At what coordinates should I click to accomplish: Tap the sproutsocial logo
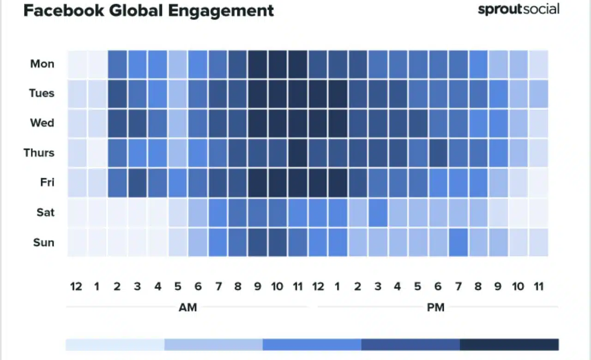[519, 9]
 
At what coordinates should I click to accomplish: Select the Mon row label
[42, 64]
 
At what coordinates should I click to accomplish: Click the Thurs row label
[39, 153]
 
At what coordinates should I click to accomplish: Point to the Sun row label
[43, 242]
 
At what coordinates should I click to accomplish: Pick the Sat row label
[45, 212]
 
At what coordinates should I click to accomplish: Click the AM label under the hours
[187, 307]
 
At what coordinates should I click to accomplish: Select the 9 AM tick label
[258, 287]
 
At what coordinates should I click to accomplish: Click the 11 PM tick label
[538, 287]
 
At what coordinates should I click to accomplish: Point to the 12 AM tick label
[76, 287]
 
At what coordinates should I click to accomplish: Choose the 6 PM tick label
[438, 287]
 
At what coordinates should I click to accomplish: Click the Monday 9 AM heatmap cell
[258, 64]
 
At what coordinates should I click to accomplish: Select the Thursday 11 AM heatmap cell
[298, 153]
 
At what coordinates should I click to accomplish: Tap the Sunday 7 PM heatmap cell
[458, 242]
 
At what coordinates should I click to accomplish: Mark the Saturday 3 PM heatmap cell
[378, 212]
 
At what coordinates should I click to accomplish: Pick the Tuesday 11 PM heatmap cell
[538, 94]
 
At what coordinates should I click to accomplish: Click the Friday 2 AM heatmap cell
[117, 183]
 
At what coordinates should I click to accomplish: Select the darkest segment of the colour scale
[509, 345]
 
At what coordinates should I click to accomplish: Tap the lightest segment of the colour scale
[115, 345]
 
